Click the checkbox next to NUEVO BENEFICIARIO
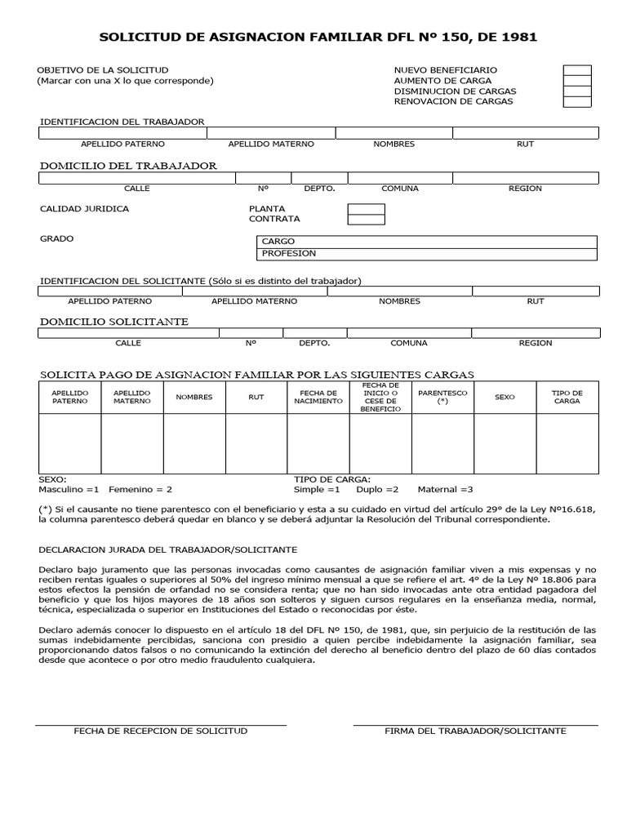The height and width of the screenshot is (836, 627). click(576, 70)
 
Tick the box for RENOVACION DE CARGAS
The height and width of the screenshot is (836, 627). click(576, 102)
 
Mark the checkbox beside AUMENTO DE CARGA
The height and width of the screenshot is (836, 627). click(576, 81)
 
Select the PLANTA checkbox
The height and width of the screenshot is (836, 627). click(366, 209)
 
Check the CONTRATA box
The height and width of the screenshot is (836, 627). click(366, 220)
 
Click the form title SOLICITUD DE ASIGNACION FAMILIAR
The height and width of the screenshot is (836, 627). click(318, 38)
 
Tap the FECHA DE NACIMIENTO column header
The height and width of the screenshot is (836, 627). click(318, 398)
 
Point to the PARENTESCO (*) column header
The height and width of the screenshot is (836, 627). click(442, 398)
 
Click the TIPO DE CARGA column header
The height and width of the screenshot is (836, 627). click(567, 398)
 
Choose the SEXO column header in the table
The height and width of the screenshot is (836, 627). click(505, 398)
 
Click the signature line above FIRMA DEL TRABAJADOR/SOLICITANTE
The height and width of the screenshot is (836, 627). click(475, 724)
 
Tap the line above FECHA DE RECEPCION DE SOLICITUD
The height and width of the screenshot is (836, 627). click(160, 724)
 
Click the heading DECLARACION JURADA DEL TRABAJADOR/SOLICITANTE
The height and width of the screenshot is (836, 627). click(168, 549)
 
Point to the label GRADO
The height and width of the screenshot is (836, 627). click(57, 239)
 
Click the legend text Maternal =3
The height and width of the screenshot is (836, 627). click(445, 490)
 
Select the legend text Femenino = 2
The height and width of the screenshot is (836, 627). click(140, 490)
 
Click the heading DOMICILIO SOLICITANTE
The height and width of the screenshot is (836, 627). click(114, 322)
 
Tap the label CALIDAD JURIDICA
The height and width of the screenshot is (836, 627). click(84, 209)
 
